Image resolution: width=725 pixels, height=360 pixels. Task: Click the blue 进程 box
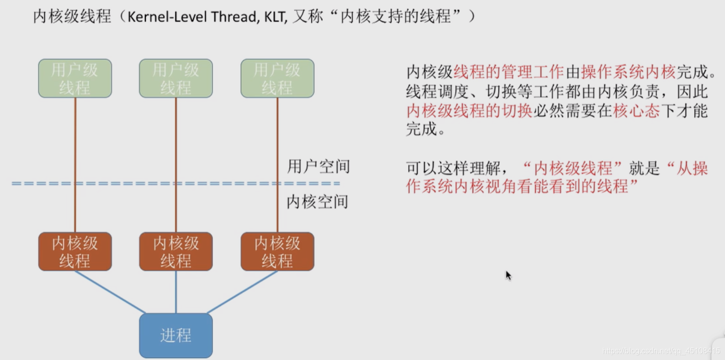click(x=176, y=335)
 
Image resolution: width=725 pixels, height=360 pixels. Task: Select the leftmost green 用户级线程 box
click(x=75, y=79)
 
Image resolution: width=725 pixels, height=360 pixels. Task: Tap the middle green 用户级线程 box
click(x=176, y=79)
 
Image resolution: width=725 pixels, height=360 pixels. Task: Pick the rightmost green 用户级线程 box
click(x=277, y=79)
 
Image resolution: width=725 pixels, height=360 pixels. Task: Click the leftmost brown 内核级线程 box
click(x=75, y=251)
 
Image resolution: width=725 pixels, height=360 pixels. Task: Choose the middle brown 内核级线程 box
click(x=176, y=251)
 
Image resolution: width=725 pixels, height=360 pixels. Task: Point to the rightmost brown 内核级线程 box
click(x=277, y=251)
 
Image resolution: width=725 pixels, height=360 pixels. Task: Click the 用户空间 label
click(x=318, y=167)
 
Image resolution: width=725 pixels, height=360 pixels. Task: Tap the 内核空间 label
click(x=317, y=202)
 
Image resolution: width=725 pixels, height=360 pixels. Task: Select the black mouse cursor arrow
click(x=508, y=275)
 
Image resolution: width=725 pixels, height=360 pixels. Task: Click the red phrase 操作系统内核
click(x=628, y=72)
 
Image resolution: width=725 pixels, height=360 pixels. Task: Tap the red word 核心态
click(x=636, y=111)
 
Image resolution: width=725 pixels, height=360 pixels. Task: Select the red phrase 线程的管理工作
click(x=508, y=72)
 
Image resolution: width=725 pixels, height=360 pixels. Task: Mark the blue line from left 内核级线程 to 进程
click(x=110, y=291)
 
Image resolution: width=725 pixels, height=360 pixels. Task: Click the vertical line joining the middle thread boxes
click(x=176, y=164)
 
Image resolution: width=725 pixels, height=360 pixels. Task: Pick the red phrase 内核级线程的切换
click(x=469, y=111)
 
